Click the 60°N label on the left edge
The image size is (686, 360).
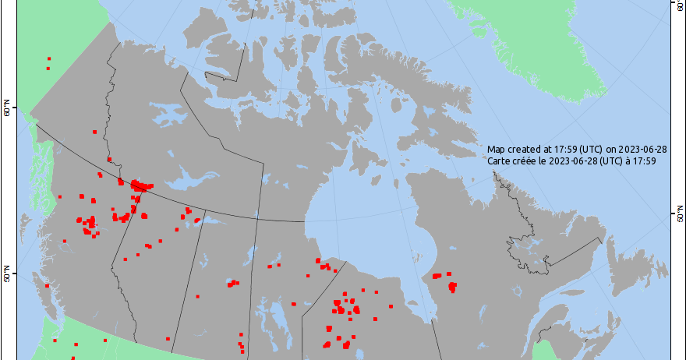pos(6,111)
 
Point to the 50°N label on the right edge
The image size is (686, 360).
pos(677,214)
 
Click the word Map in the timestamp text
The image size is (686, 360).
pos(497,149)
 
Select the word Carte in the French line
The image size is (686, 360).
pos(500,161)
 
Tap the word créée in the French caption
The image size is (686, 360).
pos(530,161)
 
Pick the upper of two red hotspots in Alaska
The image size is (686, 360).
pos(49,58)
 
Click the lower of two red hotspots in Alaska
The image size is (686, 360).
pos(48,69)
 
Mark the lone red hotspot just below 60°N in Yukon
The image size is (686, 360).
pos(94,131)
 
